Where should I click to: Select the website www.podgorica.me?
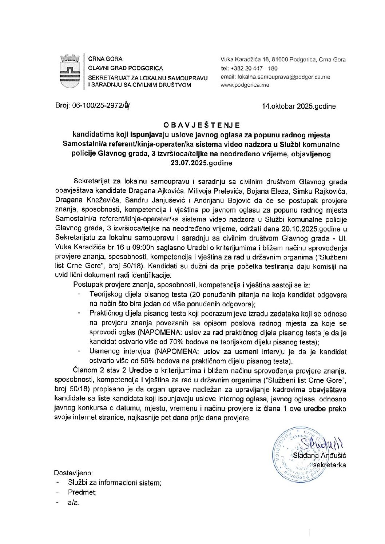coord(245,85)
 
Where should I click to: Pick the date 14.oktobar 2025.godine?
coord(299,106)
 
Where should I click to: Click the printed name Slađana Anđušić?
coord(319,455)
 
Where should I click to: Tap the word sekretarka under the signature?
coord(330,465)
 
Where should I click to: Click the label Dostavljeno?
coord(73,473)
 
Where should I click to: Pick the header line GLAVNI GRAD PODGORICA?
coord(126,68)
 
